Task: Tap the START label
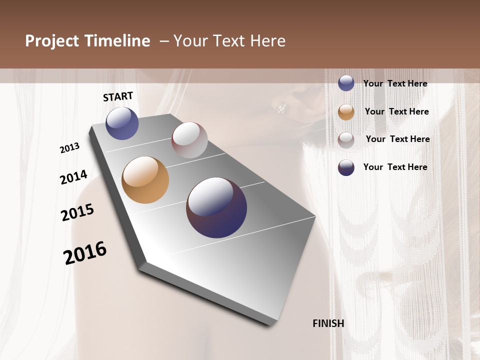118,96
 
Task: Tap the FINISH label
328,323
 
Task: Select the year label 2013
70,148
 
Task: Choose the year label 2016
85,253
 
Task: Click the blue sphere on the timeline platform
122,123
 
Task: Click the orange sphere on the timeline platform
145,180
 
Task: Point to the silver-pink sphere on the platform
189,140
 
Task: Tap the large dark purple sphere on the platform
216,207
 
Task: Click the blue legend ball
346,83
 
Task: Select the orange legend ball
346,112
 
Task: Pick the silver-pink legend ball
346,140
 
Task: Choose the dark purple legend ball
346,167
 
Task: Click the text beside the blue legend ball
395,84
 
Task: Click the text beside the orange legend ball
396,111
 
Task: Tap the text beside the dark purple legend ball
395,167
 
